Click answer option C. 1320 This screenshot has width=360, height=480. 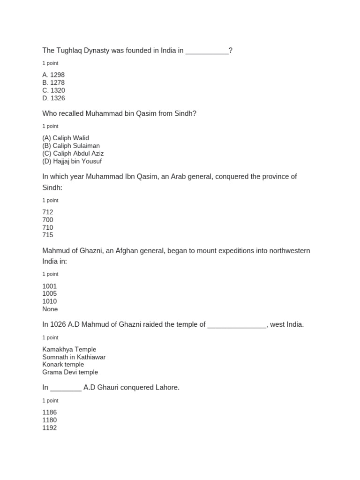click(x=53, y=90)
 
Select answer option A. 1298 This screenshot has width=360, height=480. click(x=53, y=75)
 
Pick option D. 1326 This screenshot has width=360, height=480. click(x=53, y=98)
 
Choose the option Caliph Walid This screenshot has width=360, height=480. click(x=66, y=138)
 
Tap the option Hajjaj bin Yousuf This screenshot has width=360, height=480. click(x=72, y=161)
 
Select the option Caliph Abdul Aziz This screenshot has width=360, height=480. click(x=73, y=154)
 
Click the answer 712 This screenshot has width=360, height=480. click(x=48, y=212)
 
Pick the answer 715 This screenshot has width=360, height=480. click(x=48, y=235)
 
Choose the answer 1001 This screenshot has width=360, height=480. click(x=49, y=286)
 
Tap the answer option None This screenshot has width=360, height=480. click(x=50, y=309)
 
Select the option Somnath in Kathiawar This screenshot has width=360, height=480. click(x=74, y=357)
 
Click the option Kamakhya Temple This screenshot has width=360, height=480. click(x=69, y=350)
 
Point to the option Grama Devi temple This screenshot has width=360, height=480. click(x=70, y=372)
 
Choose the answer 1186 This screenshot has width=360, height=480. click(x=49, y=412)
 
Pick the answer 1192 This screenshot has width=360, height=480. click(x=49, y=428)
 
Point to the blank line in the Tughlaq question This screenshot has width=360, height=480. click(x=207, y=52)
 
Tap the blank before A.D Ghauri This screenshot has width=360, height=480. click(x=66, y=389)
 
